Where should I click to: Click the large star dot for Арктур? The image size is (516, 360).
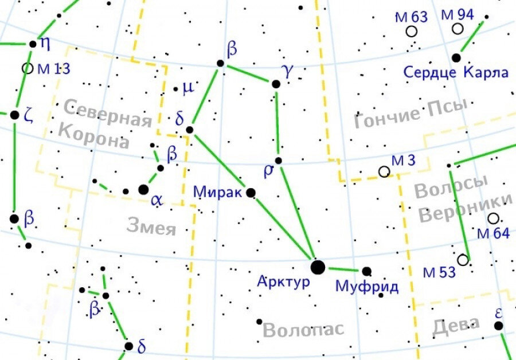(x=317, y=267)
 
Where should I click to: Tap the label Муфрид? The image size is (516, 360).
(x=367, y=286)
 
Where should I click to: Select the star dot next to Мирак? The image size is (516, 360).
(x=251, y=193)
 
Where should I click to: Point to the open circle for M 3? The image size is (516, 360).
(x=384, y=171)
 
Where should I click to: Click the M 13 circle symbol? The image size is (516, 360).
(x=27, y=68)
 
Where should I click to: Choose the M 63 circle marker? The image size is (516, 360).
(x=411, y=32)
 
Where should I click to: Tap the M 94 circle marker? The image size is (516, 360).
(x=458, y=29)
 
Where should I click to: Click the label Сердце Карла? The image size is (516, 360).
(x=456, y=73)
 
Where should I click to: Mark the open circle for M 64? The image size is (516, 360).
(x=493, y=218)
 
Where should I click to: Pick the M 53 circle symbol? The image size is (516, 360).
(x=463, y=260)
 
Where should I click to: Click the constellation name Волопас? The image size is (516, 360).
(x=303, y=330)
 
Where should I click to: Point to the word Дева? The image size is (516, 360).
(x=456, y=326)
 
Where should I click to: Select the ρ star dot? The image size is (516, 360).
(x=278, y=161)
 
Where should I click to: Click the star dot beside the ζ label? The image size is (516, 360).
(x=14, y=115)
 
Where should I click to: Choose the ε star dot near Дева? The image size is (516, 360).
(x=499, y=326)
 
